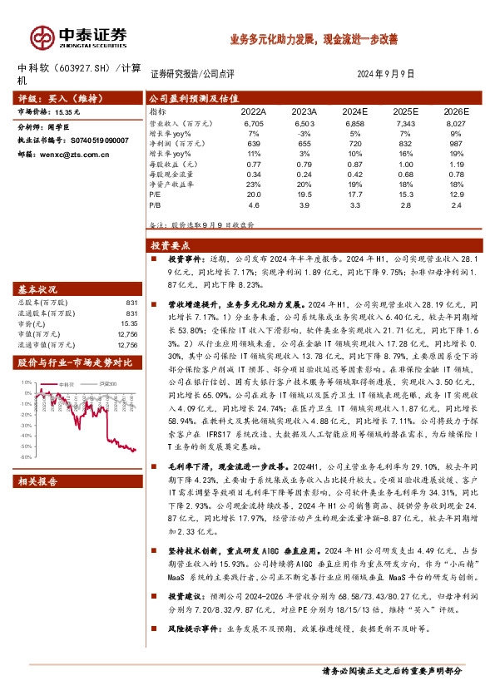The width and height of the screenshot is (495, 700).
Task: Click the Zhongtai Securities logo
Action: click(x=78, y=36)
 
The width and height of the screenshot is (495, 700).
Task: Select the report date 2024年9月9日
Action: click(x=385, y=73)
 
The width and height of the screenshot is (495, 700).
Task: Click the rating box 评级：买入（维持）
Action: click(x=52, y=97)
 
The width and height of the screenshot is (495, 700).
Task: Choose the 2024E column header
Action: click(x=354, y=111)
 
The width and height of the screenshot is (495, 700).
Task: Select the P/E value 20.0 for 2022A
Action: click(x=254, y=194)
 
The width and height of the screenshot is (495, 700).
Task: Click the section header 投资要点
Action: click(x=170, y=245)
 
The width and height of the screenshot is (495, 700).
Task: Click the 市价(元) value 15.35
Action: click(x=128, y=323)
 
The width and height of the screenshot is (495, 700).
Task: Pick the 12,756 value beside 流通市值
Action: click(x=127, y=343)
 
